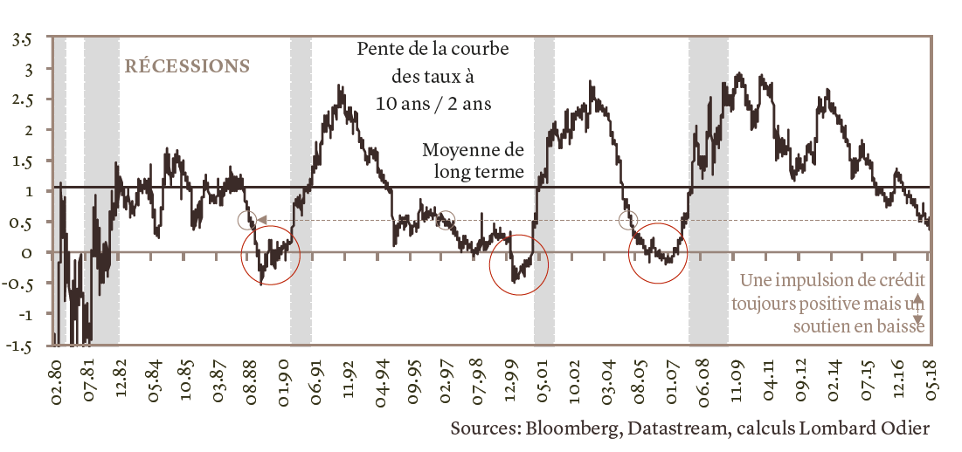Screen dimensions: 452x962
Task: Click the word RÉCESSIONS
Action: click(188, 65)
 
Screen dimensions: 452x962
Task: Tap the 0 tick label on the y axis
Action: click(27, 253)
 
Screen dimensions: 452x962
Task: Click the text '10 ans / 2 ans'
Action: click(433, 103)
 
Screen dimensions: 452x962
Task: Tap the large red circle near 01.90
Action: click(270, 255)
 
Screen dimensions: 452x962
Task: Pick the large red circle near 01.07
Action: click(659, 253)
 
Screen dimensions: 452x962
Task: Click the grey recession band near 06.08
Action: click(708, 192)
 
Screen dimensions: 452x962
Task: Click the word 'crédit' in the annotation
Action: click(898, 281)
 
